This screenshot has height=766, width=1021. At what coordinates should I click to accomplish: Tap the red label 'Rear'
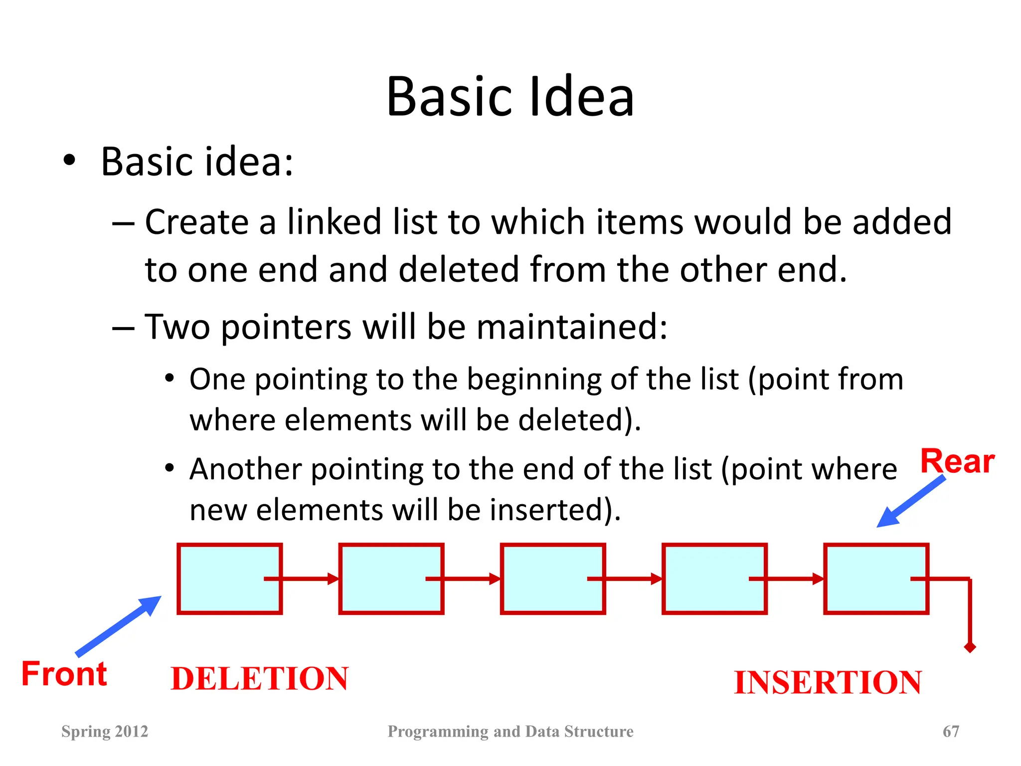tap(957, 461)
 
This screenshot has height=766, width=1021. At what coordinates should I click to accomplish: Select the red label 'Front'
tap(64, 674)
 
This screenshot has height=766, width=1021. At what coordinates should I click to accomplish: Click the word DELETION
tap(259, 679)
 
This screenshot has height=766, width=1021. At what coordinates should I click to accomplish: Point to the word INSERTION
tap(828, 682)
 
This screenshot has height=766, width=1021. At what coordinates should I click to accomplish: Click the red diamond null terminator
tap(970, 647)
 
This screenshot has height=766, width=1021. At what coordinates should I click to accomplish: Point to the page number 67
tap(951, 731)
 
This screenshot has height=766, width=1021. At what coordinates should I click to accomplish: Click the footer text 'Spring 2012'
tap(105, 731)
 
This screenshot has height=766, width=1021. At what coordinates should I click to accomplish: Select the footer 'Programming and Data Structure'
tap(510, 731)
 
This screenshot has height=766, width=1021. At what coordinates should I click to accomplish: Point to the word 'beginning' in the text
tap(533, 379)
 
